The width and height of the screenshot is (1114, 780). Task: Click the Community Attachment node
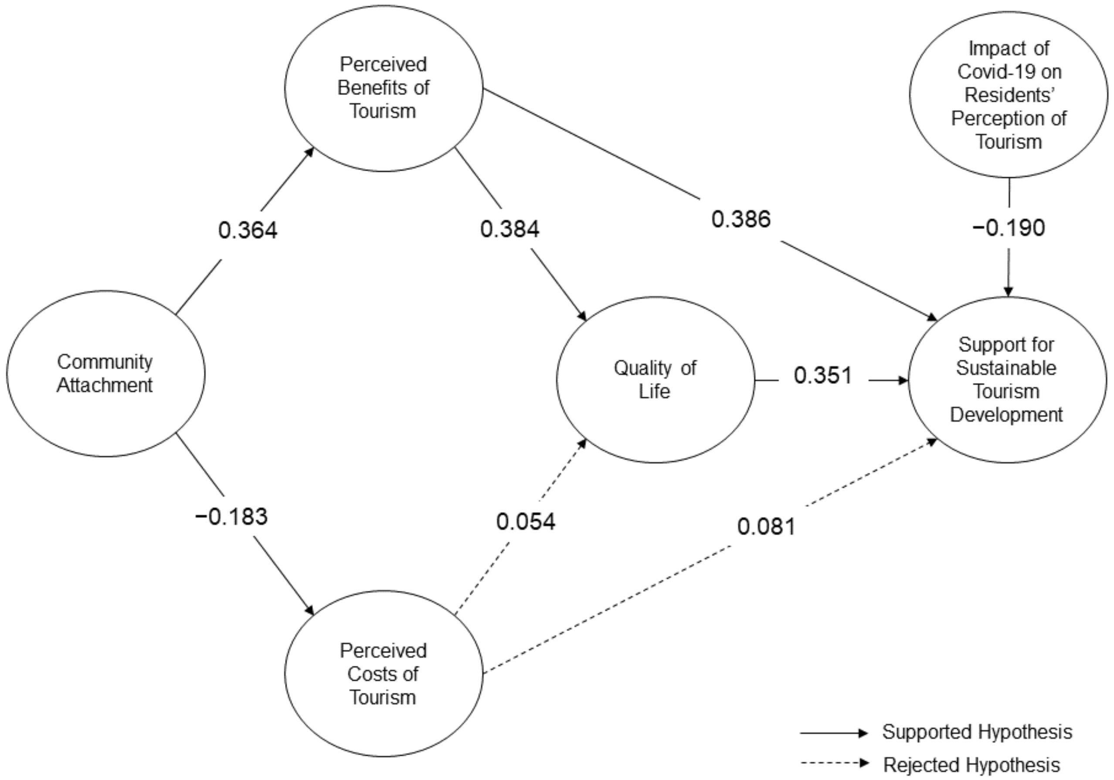(105, 373)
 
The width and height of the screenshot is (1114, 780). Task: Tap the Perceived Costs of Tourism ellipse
(383, 674)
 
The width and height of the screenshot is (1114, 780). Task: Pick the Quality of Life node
(655, 380)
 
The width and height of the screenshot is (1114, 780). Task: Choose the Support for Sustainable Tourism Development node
(1007, 380)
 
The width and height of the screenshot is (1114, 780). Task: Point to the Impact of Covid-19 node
(1009, 95)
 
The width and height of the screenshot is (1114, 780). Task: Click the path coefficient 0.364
(248, 230)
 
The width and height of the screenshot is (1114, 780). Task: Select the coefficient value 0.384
(509, 229)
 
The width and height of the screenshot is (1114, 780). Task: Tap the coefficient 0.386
(741, 219)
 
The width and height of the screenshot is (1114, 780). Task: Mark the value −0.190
(1009, 228)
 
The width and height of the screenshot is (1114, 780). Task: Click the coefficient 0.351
(823, 376)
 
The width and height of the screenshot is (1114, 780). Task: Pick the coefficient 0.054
(526, 522)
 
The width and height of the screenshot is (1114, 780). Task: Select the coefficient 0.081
(767, 527)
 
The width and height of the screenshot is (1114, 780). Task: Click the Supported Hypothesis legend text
(977, 732)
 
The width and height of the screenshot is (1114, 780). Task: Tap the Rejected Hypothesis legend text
(971, 765)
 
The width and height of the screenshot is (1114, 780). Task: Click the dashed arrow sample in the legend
(834, 763)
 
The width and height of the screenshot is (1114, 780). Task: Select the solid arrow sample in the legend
(834, 733)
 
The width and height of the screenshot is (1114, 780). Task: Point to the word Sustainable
(1006, 368)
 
